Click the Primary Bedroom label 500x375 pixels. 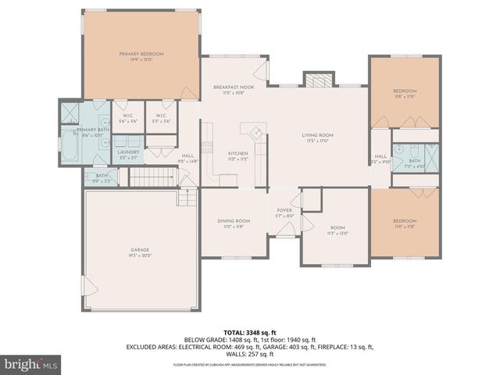coord(141,54)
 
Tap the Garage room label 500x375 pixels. coord(141,252)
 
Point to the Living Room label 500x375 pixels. coord(318,135)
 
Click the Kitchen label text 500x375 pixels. coord(237,153)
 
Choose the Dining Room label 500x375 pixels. coord(234,221)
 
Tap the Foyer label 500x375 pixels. coord(284,210)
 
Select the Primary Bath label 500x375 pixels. coord(91,130)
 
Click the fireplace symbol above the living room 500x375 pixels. coord(316,80)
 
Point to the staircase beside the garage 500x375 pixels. coord(153,179)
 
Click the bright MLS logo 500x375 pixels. coord(31,364)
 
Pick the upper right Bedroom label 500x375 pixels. coord(405,91)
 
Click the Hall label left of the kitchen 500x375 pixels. coord(188,155)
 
